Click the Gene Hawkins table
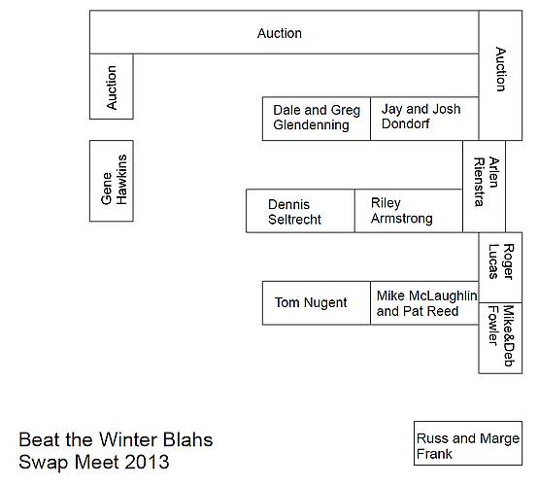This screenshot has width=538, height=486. [x=112, y=181]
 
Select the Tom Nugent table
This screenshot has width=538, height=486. [x=317, y=303]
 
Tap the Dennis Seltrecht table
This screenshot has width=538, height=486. [x=300, y=211]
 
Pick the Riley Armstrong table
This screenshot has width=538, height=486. [x=409, y=211]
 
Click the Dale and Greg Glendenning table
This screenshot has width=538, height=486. [x=317, y=119]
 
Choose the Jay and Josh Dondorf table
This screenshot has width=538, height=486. [x=424, y=119]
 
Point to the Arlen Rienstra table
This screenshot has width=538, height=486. [x=485, y=187]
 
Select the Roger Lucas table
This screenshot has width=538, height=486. [x=500, y=267]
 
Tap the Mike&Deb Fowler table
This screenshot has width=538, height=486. [x=500, y=338]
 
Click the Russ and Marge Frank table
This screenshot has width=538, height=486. [x=468, y=443]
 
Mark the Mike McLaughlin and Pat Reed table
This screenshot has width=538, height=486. [x=424, y=303]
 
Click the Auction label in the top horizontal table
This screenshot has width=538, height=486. [x=280, y=33]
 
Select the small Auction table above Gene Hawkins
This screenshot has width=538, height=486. [x=112, y=87]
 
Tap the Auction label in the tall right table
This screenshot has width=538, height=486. [x=500, y=69]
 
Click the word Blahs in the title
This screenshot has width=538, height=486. [x=188, y=439]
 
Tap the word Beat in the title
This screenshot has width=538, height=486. [x=39, y=439]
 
